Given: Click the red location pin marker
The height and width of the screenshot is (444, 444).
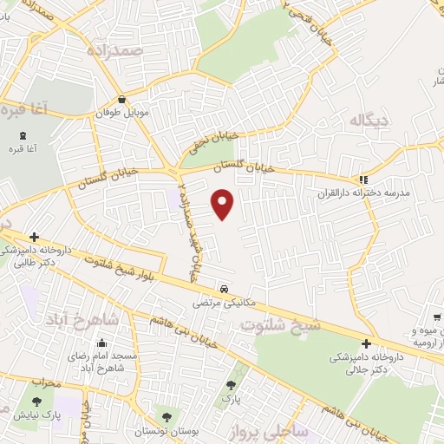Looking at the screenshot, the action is tap(223, 204).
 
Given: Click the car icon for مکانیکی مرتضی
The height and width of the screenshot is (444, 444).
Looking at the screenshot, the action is tap(224, 289).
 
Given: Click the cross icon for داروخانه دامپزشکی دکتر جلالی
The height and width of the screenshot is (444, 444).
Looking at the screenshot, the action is tap(366, 344).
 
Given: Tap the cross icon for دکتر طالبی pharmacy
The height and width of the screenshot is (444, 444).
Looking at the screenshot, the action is tap(34, 236).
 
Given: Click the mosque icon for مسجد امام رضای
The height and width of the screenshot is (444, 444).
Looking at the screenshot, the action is tap(105, 343).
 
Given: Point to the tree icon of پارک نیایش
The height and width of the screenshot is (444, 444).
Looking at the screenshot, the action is tap(37, 401).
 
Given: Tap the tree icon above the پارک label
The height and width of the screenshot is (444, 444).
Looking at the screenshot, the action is tap(230, 385).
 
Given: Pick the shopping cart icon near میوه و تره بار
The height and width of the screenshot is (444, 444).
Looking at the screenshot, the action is tap(437, 317).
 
